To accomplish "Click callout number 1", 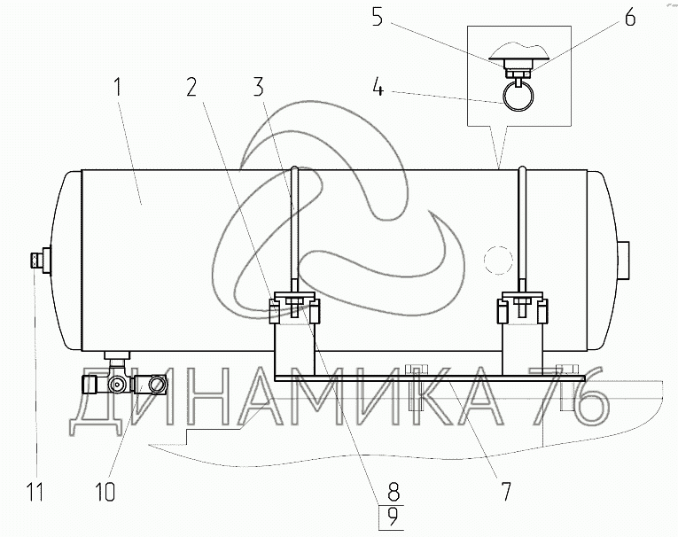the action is pos(118,88).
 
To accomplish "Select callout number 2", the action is pos(191,87).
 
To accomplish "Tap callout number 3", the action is pos(258,87).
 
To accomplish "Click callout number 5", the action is pos(378,19).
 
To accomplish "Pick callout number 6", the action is pos(630,18).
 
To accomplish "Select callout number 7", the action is pos(505,491).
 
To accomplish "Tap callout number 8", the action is pos(393,492).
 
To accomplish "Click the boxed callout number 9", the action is pos(392,518).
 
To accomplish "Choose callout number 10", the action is pos(105,492).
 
